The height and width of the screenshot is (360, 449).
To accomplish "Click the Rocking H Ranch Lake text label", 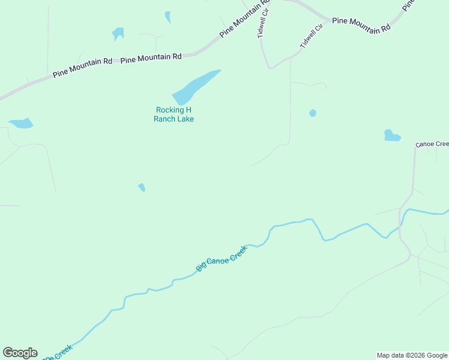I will click(x=174, y=114).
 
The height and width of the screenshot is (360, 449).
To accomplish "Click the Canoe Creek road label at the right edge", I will click(x=432, y=144).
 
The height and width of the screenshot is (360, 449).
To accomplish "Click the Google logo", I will click(x=20, y=353).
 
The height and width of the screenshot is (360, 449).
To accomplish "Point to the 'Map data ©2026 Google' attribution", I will click(x=411, y=355).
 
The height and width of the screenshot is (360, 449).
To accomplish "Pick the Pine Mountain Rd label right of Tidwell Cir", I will click(x=361, y=25).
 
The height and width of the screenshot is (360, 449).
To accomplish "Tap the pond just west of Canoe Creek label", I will click(x=391, y=136).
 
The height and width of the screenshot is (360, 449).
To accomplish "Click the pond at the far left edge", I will click(x=21, y=124).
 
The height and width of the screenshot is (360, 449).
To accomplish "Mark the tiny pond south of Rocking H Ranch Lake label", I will click(x=142, y=187).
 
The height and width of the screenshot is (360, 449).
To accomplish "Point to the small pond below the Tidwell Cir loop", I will click(x=312, y=113).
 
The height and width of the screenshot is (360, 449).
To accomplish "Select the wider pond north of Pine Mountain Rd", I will click(x=118, y=33).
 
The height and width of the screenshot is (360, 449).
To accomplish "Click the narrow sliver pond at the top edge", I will click(x=168, y=17).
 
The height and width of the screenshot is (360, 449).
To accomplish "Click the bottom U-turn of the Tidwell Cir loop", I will click(x=271, y=67).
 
